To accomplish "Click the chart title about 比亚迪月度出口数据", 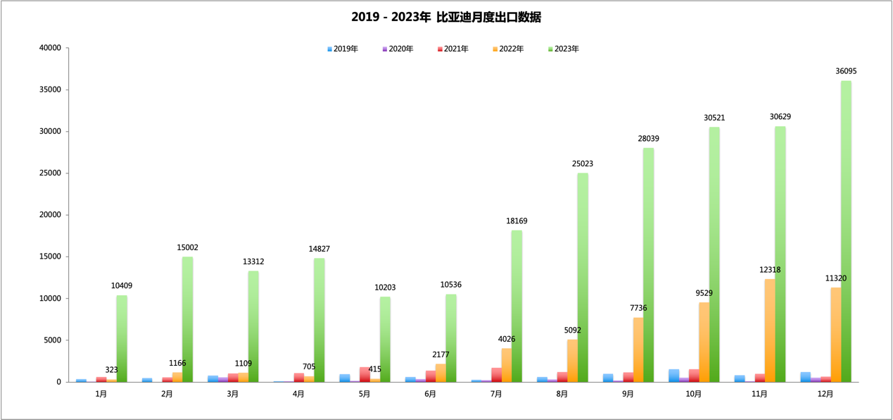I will pos(446,17).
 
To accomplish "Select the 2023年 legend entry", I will pos(564,49).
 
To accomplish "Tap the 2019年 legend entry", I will pos(343,49).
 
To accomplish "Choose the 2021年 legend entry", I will pos(453,49).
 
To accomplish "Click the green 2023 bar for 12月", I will pos(846,233).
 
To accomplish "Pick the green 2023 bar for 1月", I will pos(122,338).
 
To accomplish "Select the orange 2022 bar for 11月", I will pos(770,331).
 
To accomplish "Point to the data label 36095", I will pos(846,71).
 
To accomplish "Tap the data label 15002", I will pos(188,248).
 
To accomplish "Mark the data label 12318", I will pos(770,270).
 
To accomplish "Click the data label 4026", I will pos(507,339).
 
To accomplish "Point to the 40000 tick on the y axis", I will pos(51,48).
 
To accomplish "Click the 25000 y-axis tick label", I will pos(51,173).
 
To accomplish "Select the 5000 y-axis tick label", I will pos(53,340).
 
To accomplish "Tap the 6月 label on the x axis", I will pos(431,395).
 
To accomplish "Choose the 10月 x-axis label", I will pos(694,395).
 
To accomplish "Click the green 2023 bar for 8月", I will pos(583,278).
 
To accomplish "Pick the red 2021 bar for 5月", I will pos(365,375).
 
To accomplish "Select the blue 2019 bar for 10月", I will pos(673,376).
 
